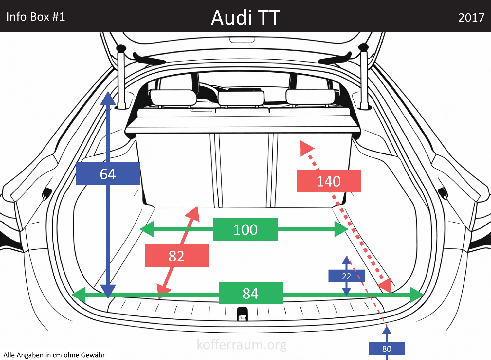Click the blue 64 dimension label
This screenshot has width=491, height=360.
tap(108, 174)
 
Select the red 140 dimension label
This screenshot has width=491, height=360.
tap(328, 181)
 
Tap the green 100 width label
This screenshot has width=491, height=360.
tap(245, 229)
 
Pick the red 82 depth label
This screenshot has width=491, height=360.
tap(176, 256)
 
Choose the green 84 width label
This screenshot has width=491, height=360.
tap(250, 293)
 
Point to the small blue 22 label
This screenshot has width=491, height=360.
tap(346, 276)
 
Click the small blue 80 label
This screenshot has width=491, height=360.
tap(387, 349)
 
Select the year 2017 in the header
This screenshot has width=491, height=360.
tap(471, 18)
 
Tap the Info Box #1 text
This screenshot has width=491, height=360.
tap(36, 17)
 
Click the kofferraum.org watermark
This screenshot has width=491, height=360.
tap(242, 345)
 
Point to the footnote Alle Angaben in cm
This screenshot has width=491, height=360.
tap(54, 355)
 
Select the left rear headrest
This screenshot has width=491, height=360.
tap(173, 98)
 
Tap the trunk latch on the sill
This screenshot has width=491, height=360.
tap(242, 314)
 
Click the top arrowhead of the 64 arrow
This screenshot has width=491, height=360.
tap(108, 99)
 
